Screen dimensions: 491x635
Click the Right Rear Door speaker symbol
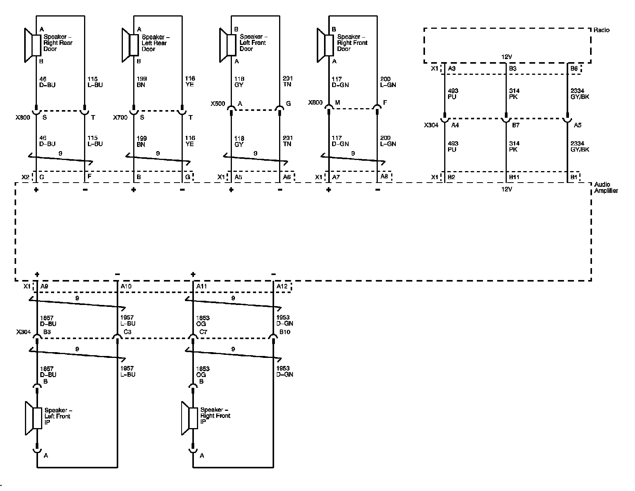click(33, 45)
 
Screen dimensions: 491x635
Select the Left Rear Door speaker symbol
click(131, 45)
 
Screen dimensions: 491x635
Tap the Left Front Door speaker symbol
click(228, 45)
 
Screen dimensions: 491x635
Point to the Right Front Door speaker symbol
click(325, 45)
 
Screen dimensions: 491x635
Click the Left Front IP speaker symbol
click(34, 418)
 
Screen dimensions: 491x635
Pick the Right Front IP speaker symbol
click(190, 418)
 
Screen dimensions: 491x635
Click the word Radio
click(601, 30)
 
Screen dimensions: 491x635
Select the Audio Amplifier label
click(605, 188)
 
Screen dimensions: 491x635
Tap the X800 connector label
click(22, 117)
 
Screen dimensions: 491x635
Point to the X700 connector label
click(120, 117)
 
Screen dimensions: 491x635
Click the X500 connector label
click(217, 104)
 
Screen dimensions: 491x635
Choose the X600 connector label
click(315, 103)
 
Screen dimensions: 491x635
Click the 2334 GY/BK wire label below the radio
click(580, 94)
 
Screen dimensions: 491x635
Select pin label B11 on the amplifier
click(514, 177)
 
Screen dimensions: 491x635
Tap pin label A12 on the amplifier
click(282, 287)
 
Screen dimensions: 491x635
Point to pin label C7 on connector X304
click(203, 332)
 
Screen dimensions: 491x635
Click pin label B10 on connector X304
click(284, 332)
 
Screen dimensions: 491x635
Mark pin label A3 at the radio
click(452, 69)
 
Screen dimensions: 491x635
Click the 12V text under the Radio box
click(507, 57)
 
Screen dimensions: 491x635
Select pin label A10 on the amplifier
click(126, 287)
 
